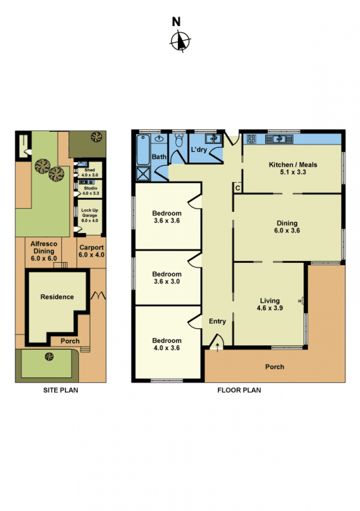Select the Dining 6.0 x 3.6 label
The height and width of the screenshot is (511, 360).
(x=287, y=227)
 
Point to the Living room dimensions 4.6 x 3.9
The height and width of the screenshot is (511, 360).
(x=270, y=308)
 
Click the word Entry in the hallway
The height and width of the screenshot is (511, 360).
(x=217, y=321)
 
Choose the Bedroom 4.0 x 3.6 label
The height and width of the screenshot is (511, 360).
(x=167, y=344)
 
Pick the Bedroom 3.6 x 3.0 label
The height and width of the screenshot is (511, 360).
(x=167, y=278)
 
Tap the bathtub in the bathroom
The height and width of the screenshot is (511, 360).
(x=143, y=149)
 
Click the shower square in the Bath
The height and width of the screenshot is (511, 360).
(x=144, y=173)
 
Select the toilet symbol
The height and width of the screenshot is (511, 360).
(x=179, y=140)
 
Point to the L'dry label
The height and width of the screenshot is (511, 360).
(x=199, y=149)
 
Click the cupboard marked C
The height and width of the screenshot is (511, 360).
(x=238, y=188)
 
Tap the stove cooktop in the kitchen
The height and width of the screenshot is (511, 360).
(x=251, y=139)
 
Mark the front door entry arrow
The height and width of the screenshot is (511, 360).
(x=217, y=347)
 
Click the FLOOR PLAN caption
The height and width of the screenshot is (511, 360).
(x=239, y=390)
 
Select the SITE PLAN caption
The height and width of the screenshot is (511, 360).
(x=61, y=390)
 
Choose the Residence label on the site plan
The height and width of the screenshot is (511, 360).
(x=57, y=297)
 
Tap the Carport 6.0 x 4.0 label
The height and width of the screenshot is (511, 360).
(x=91, y=251)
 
